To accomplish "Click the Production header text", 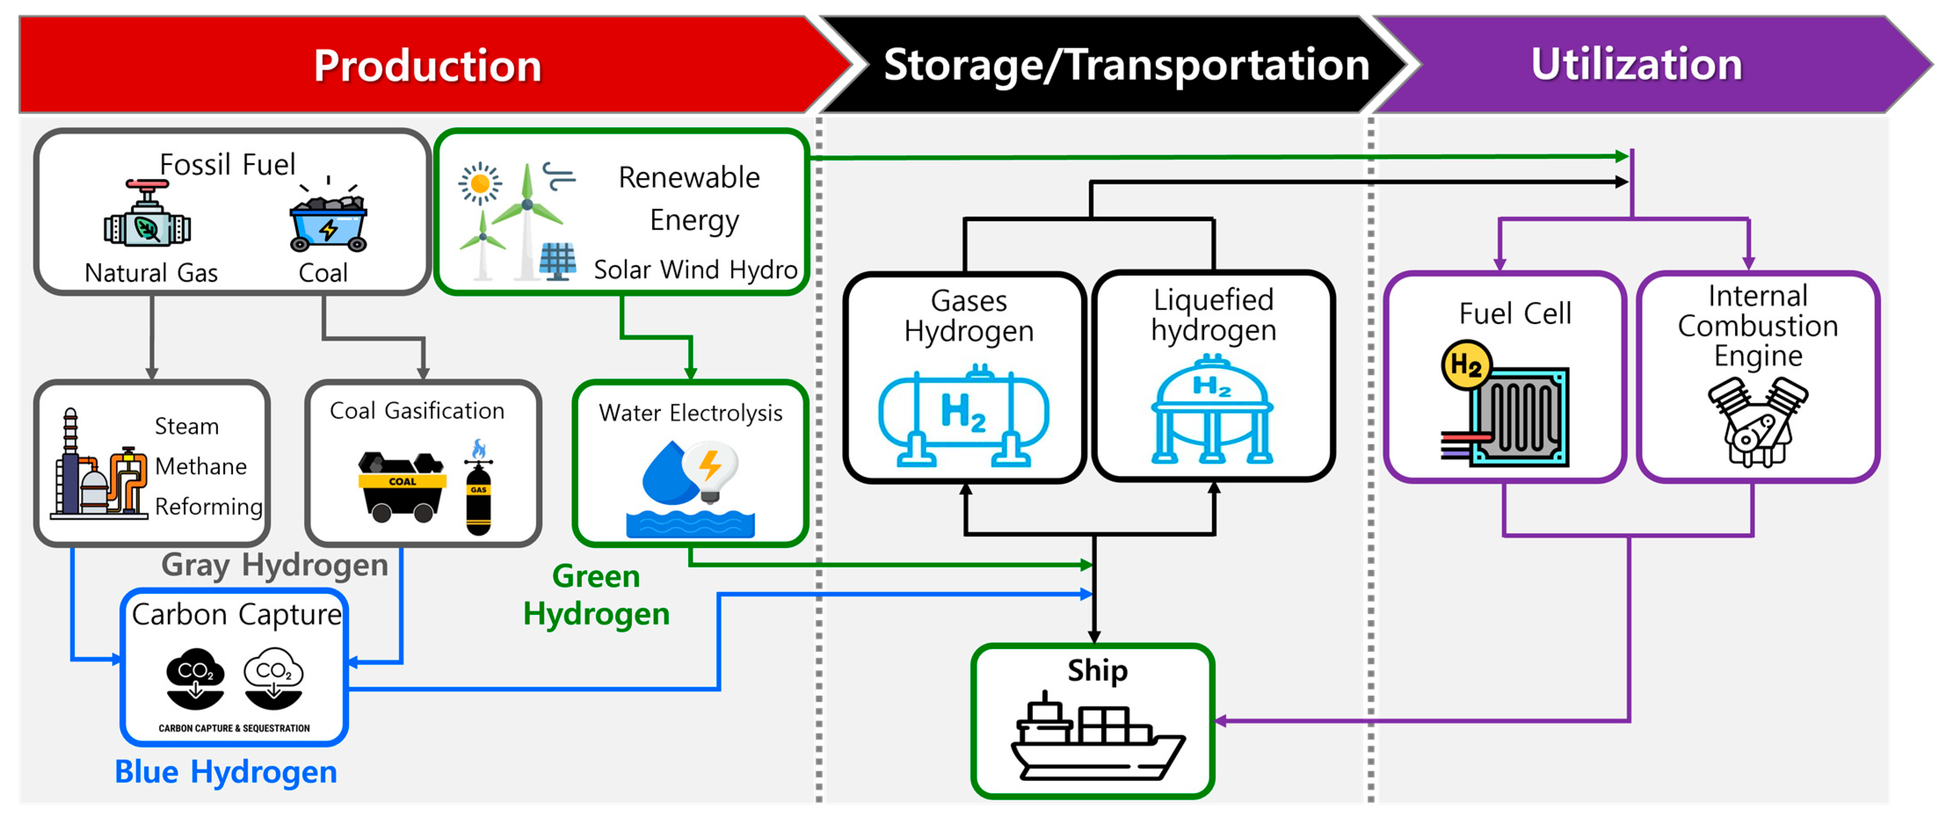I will [x=428, y=65].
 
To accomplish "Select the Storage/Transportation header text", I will [x=1126, y=65].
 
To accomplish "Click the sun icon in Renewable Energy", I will [x=480, y=183].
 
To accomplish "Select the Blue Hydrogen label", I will [x=225, y=772].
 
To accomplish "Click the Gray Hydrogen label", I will [x=275, y=565].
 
